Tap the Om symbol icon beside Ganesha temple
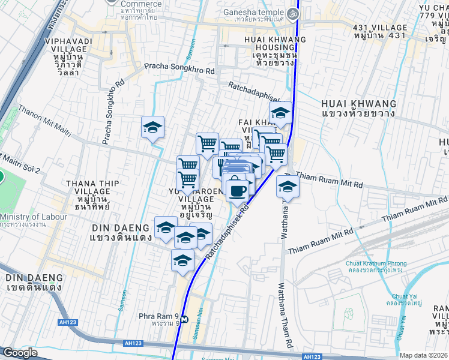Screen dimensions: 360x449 [293, 12]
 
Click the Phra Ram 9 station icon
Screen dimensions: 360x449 [185, 319]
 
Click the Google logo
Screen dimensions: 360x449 [20, 353]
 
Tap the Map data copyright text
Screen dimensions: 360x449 [424, 355]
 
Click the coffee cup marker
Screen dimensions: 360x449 [237, 190]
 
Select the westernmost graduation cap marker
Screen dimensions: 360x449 [152, 127]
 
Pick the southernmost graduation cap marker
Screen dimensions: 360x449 [182, 260]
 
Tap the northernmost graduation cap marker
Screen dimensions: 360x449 [280, 112]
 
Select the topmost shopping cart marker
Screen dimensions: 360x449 [207, 143]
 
